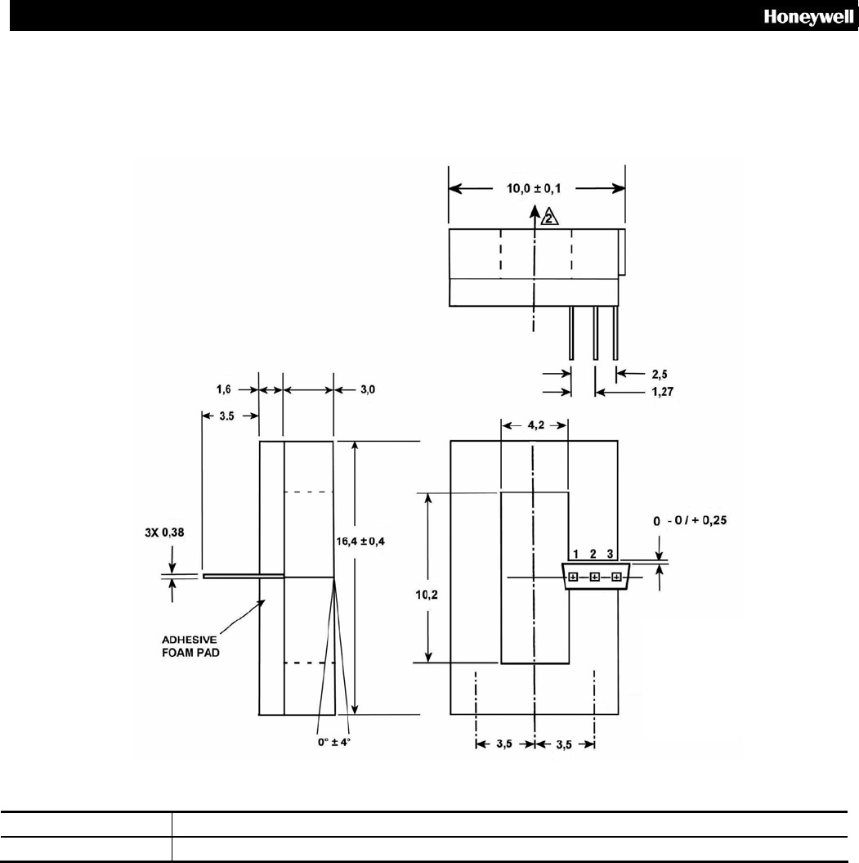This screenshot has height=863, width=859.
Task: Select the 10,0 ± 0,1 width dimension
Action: (536, 187)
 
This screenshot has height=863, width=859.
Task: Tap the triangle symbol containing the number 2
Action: (550, 217)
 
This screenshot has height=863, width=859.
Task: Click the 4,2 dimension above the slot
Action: (534, 425)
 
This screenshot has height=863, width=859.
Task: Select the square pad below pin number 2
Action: (594, 578)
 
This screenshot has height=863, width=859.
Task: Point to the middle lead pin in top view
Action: (595, 332)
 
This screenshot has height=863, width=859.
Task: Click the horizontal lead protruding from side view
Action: (243, 576)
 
